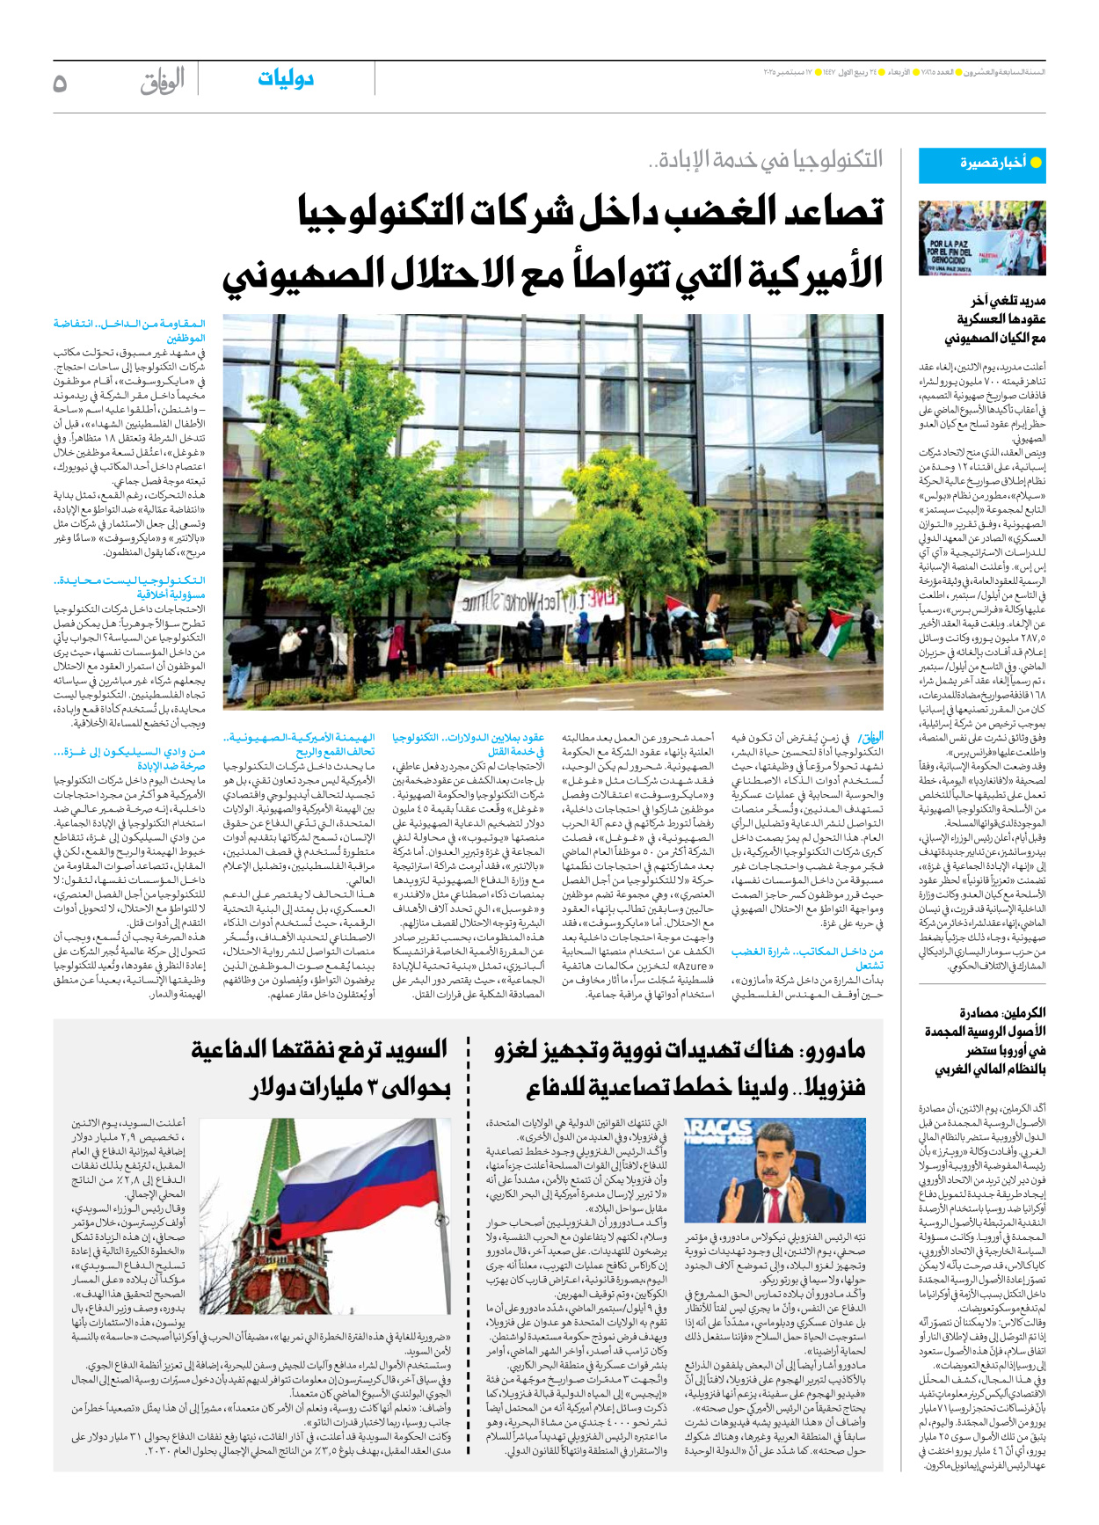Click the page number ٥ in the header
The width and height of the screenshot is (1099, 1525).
(60, 83)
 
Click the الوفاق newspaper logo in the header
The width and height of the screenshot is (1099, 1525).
(162, 81)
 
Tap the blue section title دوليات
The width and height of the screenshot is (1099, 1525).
(286, 79)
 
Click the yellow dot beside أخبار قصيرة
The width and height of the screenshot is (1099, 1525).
(1036, 164)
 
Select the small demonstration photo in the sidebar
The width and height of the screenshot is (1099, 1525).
(982, 239)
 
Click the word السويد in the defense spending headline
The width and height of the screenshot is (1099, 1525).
(414, 1049)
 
